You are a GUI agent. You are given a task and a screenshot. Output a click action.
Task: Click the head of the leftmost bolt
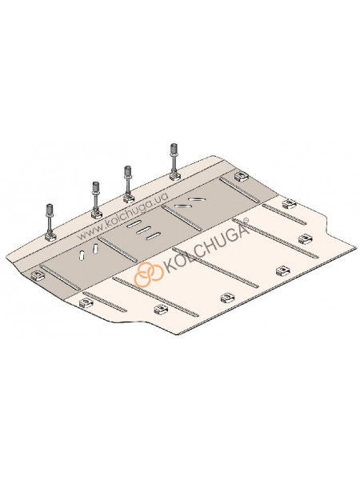click(50, 210)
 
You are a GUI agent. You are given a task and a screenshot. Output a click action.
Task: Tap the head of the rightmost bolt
click(174, 150)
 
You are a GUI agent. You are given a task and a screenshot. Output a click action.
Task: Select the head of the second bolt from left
click(96, 187)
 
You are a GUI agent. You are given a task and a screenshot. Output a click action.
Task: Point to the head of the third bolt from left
click(128, 171)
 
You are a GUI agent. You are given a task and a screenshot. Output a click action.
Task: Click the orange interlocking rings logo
click(149, 274)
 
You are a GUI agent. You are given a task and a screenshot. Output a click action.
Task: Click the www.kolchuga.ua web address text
click(122, 216)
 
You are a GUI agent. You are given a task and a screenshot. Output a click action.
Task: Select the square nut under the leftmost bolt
click(50, 237)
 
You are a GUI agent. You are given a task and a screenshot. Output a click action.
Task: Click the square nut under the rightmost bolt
click(174, 177)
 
